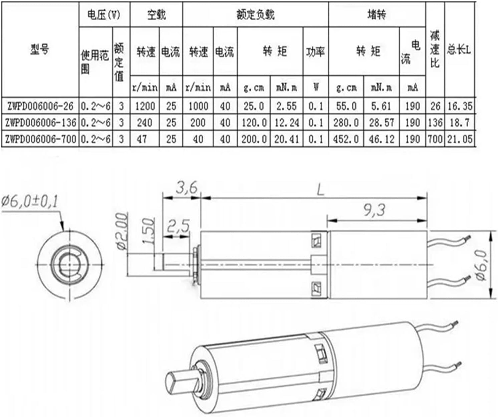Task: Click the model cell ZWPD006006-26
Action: coord(40,106)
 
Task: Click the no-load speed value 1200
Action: coord(145,106)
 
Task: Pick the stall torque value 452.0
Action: coord(346,139)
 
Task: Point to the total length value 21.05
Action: coord(460,139)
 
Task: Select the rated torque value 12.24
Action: coord(286,123)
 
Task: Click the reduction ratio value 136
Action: coord(435,123)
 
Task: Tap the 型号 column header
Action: coord(40,49)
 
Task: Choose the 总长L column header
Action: coord(459,50)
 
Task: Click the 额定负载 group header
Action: coord(255,15)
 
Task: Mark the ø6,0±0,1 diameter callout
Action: coord(29,201)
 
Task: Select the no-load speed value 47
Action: coord(142,139)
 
